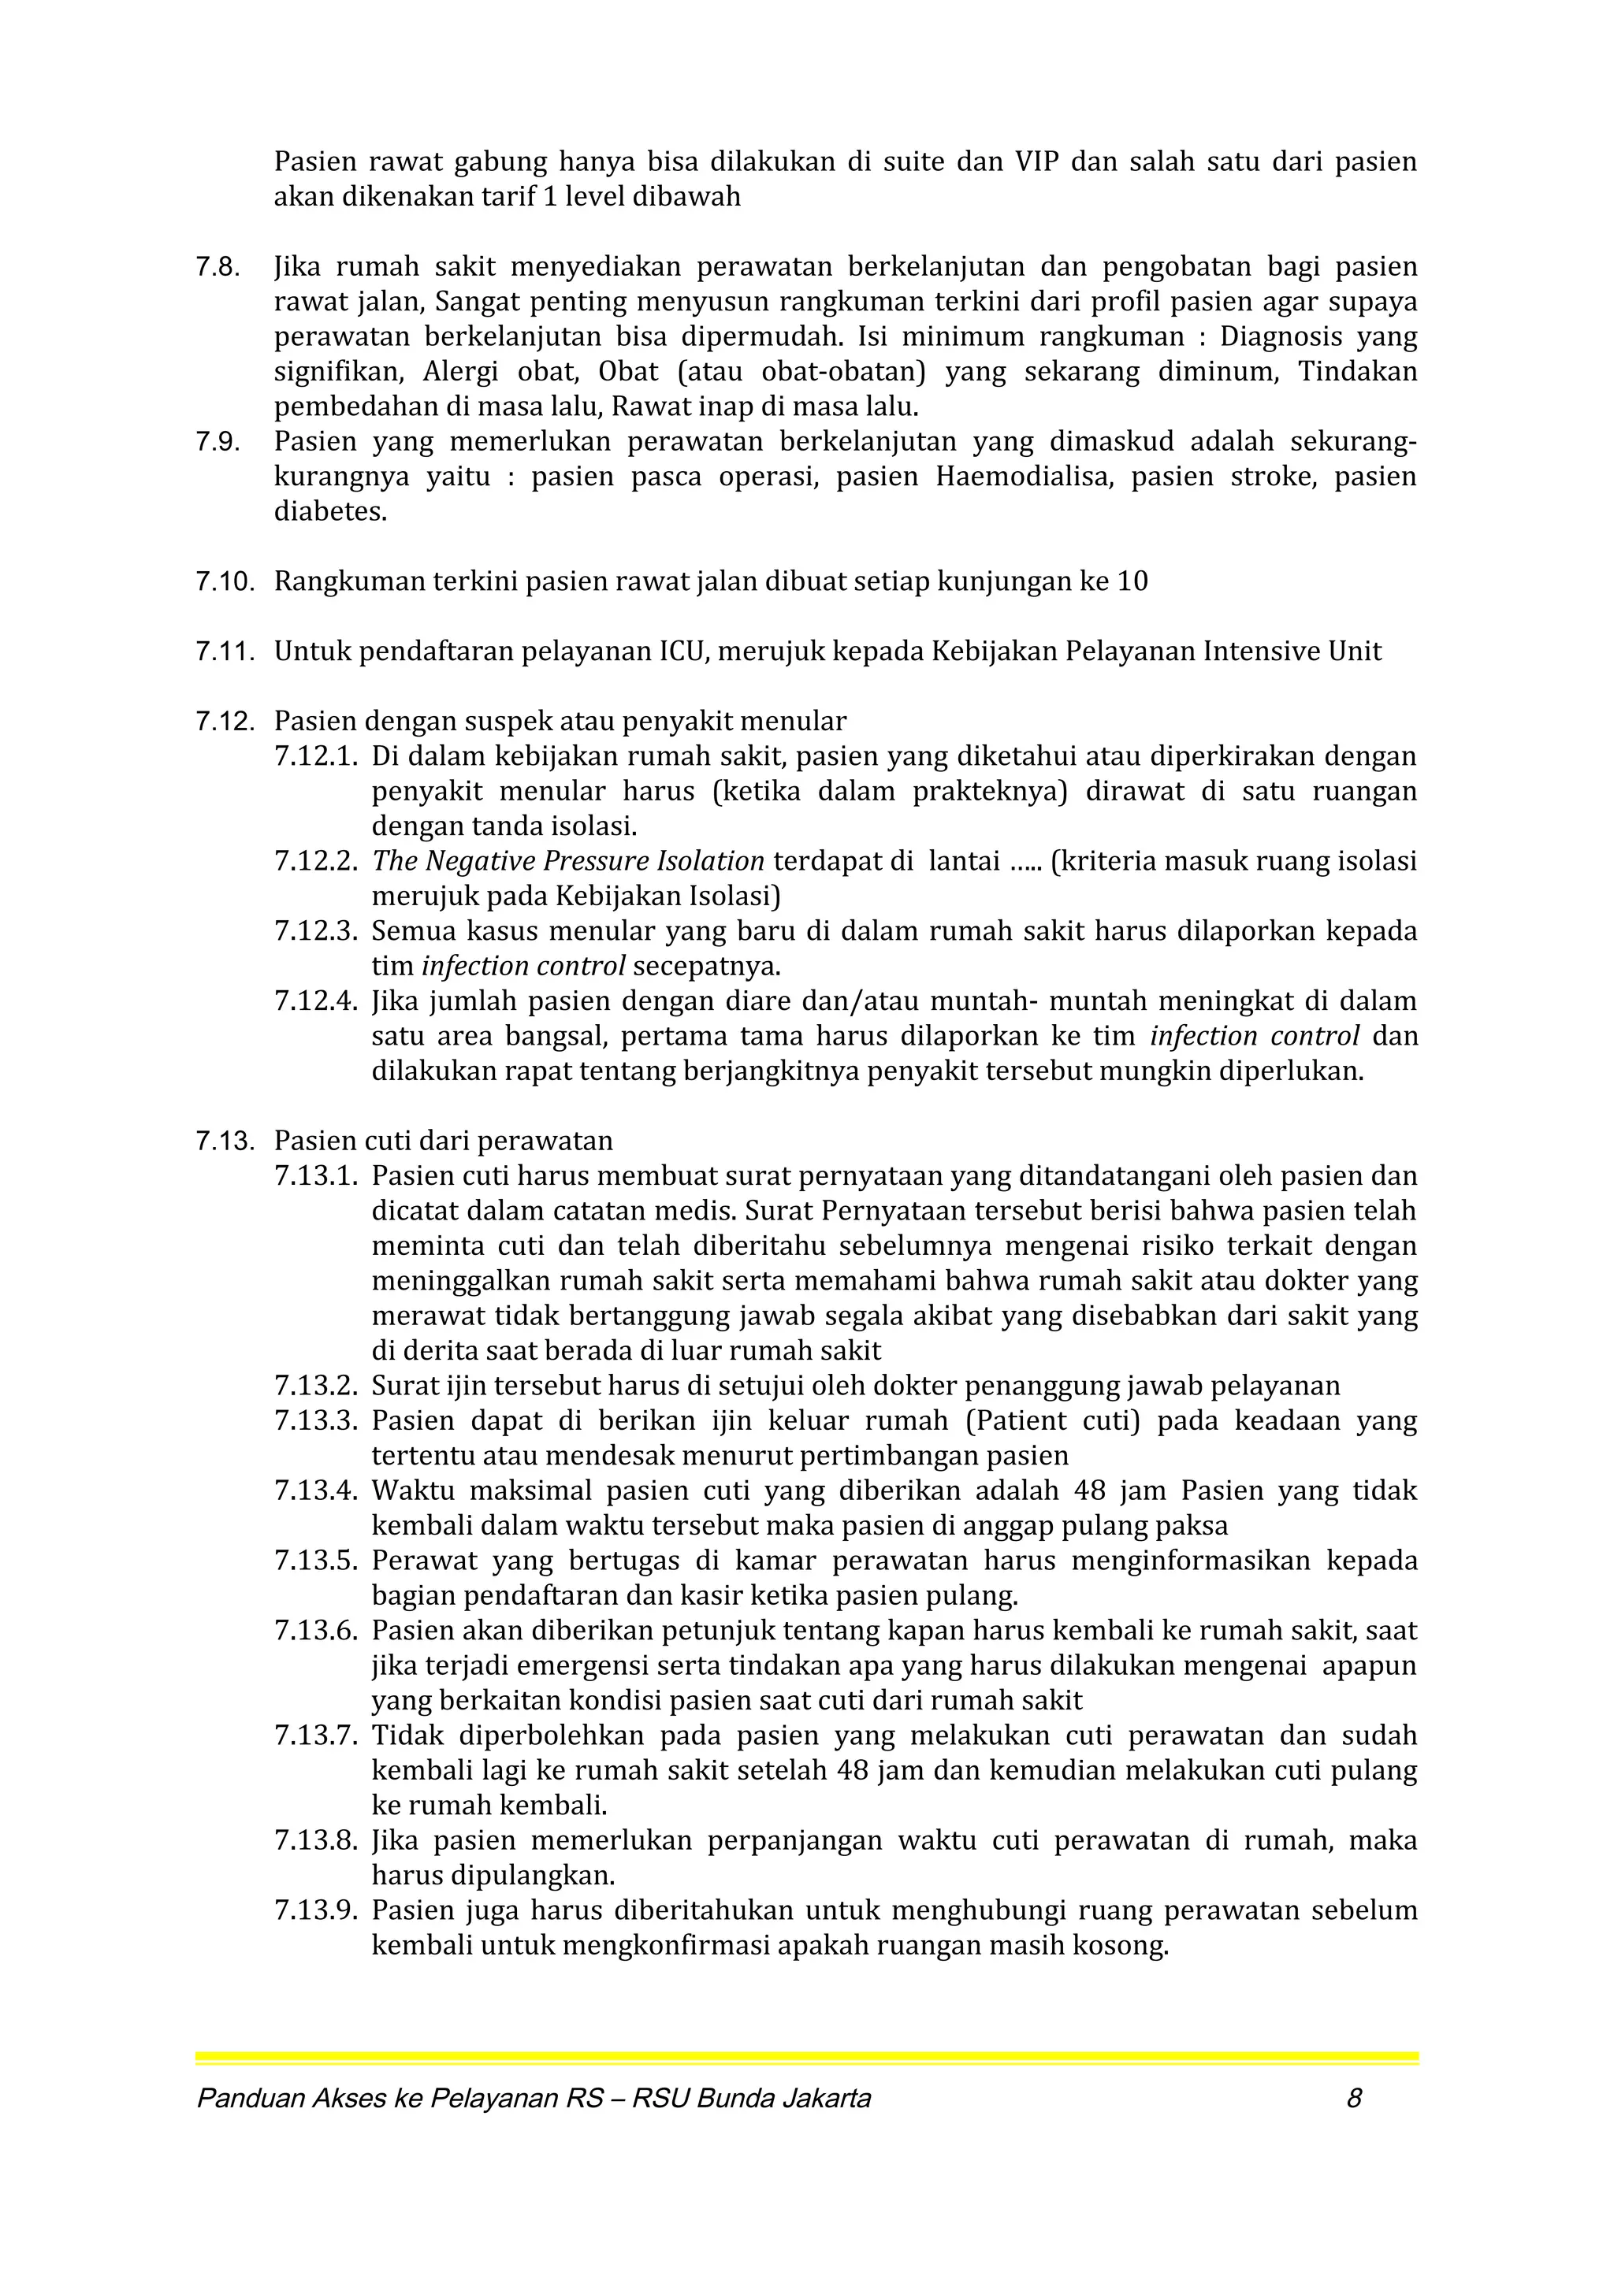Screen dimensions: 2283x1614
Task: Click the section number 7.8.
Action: click(218, 268)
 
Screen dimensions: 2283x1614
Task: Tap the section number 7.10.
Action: click(225, 581)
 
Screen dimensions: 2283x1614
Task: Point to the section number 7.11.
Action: click(225, 652)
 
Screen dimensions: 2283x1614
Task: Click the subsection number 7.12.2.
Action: click(315, 862)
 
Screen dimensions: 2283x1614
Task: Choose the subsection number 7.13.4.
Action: click(315, 1491)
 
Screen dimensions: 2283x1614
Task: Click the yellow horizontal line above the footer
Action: click(806, 2058)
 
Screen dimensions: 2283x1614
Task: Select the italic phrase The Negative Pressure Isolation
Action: click(568, 861)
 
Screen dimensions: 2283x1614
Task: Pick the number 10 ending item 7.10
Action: click(1132, 581)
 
